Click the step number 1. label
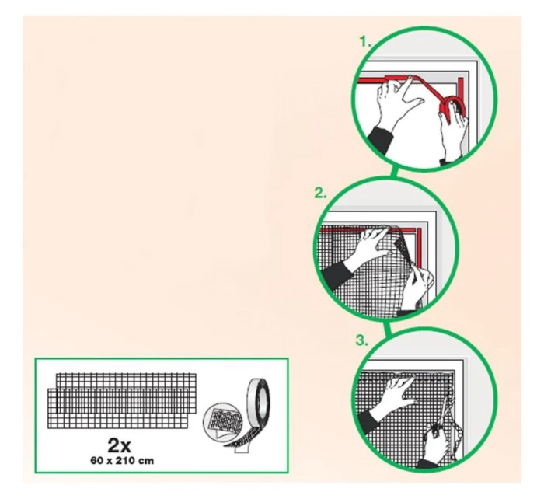(x=365, y=42)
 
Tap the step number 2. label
(x=320, y=193)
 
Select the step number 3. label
(x=362, y=340)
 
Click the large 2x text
(x=120, y=445)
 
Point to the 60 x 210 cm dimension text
(x=122, y=461)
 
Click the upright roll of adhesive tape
(x=258, y=403)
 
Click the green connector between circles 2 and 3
(x=387, y=328)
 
